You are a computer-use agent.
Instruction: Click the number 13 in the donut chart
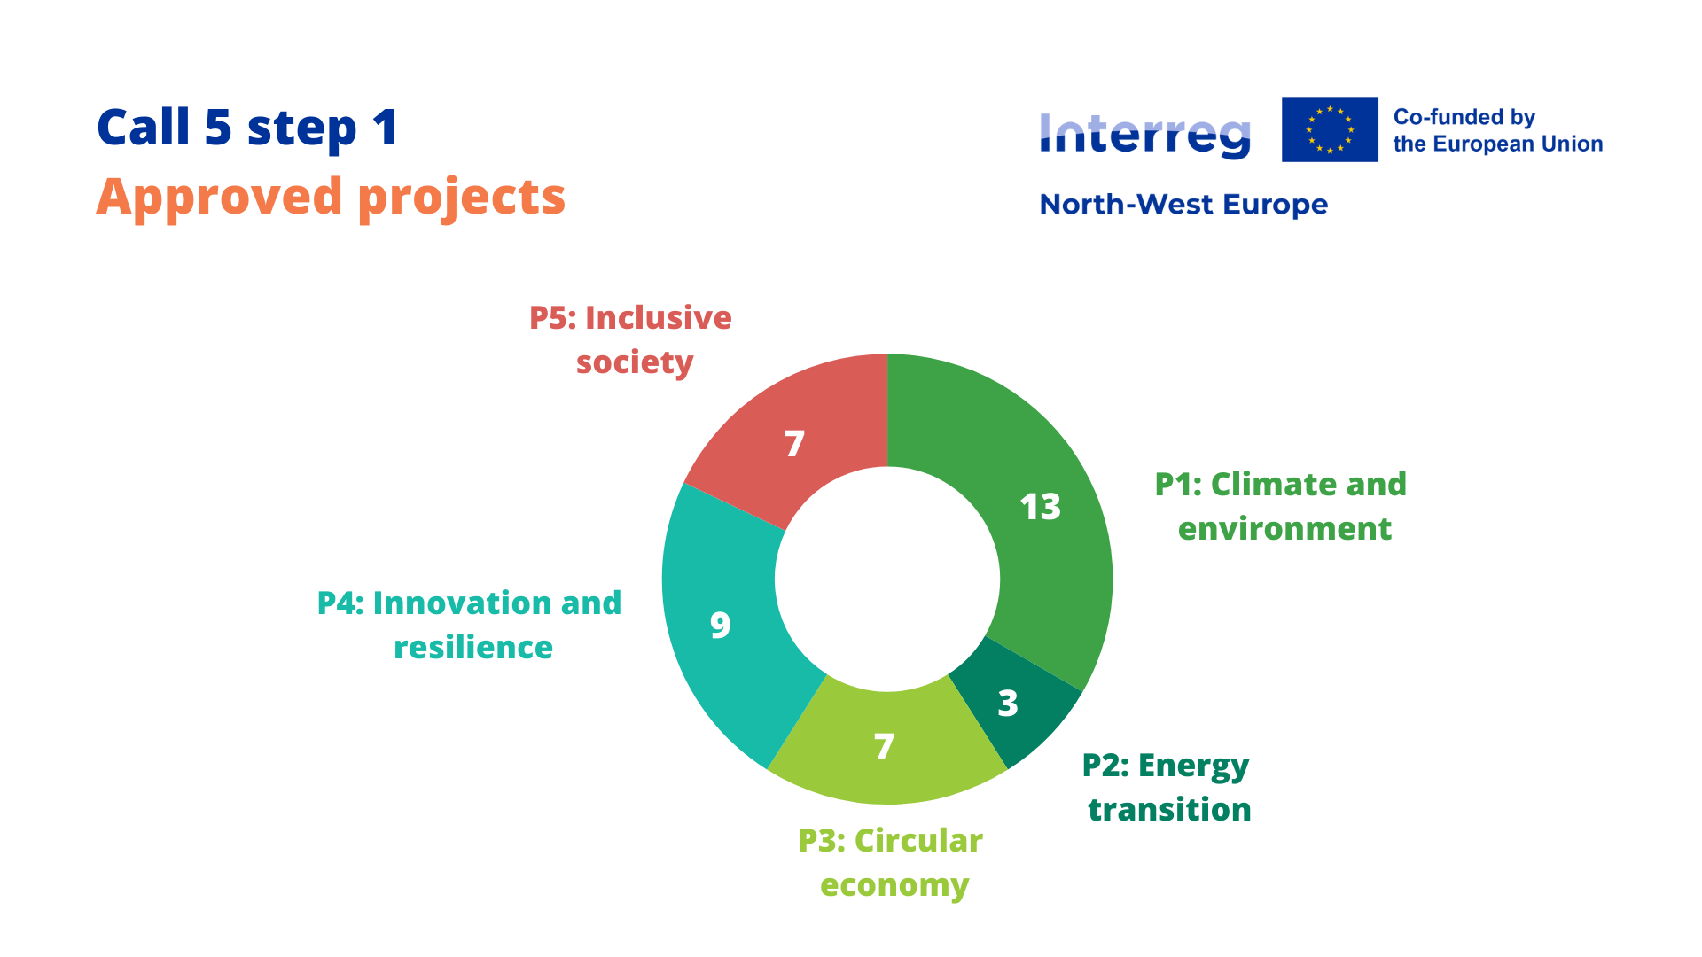[1040, 507]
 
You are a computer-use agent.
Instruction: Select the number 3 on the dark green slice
[1008, 704]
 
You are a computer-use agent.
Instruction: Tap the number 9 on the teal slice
[721, 626]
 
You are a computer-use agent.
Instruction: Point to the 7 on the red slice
[794, 443]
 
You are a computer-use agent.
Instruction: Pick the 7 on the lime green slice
[884, 747]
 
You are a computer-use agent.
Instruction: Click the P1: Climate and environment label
[1281, 506]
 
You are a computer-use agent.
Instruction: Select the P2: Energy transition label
[1167, 787]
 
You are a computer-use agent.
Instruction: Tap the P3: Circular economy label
[892, 862]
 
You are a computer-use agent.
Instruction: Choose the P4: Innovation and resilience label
[470, 625]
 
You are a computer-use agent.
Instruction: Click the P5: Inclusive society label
[631, 339]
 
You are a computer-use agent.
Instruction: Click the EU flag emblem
[1330, 129]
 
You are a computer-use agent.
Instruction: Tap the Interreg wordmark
[1144, 136]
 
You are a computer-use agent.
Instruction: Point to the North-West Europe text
[1183, 205]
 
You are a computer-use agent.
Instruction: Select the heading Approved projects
[331, 197]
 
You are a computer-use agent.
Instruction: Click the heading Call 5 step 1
[247, 128]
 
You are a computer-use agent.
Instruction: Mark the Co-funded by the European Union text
[1497, 130]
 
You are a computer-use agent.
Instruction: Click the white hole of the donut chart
[887, 580]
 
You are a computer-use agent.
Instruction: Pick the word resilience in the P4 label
[473, 648]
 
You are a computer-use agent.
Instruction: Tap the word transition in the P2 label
[1169, 810]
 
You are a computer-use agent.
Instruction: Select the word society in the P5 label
[635, 362]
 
